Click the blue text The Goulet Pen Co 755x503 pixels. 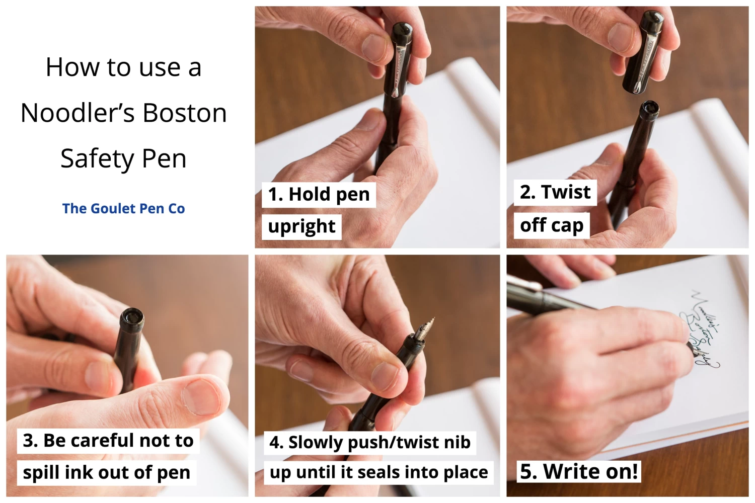point(123,208)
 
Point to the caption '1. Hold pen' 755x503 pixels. point(319,194)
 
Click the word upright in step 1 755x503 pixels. point(301,226)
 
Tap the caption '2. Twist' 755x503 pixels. point(555,192)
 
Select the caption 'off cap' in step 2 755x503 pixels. point(552,225)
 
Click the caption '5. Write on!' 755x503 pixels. point(579,471)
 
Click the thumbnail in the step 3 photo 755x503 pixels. point(200,396)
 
